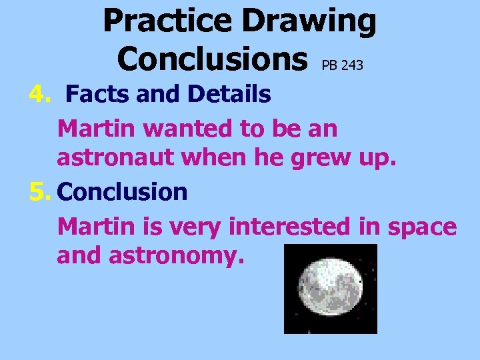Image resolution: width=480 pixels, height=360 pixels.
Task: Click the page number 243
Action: click(351, 65)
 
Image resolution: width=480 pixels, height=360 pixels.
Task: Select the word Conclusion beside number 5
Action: click(123, 192)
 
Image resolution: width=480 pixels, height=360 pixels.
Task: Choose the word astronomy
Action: click(177, 257)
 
